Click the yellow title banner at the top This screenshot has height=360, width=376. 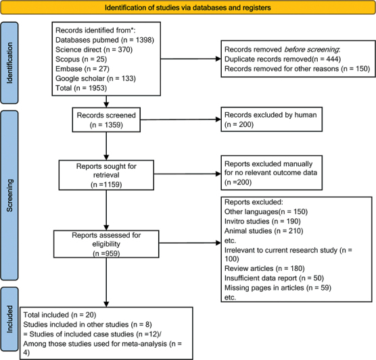(x=188, y=7)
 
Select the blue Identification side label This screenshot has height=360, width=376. (x=9, y=63)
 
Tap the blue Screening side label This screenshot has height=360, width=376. (x=9, y=195)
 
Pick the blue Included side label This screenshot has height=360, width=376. (x=9, y=319)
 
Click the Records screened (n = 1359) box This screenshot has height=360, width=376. (x=106, y=120)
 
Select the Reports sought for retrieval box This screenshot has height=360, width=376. (x=106, y=175)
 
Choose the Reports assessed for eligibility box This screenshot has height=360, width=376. (x=106, y=244)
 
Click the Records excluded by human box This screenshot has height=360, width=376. (x=271, y=120)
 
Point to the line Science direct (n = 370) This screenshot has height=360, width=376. (x=94, y=49)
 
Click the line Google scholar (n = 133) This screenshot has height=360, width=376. (x=95, y=78)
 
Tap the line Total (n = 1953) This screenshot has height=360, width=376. (x=81, y=88)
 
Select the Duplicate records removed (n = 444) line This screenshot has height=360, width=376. (x=283, y=59)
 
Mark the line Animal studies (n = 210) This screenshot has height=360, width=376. (x=264, y=231)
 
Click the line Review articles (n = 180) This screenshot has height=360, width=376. (x=264, y=269)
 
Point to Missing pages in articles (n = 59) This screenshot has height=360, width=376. (x=278, y=288)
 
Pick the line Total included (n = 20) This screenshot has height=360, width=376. (x=60, y=315)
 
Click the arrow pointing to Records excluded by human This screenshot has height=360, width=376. (x=181, y=120)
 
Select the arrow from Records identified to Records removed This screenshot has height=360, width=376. (x=191, y=59)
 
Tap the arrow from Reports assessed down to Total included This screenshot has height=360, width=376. (x=106, y=282)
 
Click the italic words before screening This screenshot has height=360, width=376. (x=312, y=49)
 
